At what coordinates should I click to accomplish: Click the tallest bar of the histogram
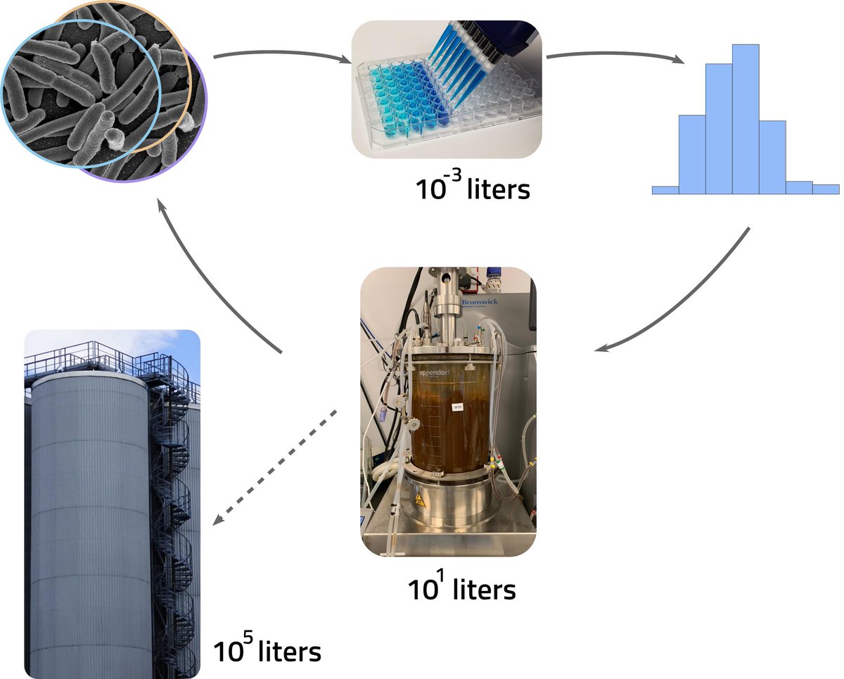coord(746,120)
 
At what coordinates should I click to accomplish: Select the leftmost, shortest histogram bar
coord(665,189)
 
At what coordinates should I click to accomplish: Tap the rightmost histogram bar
coord(826,189)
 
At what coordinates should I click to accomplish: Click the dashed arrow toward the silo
coord(274,466)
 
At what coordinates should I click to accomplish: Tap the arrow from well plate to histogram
coord(615,54)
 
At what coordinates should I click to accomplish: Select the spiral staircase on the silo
coord(172,493)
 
